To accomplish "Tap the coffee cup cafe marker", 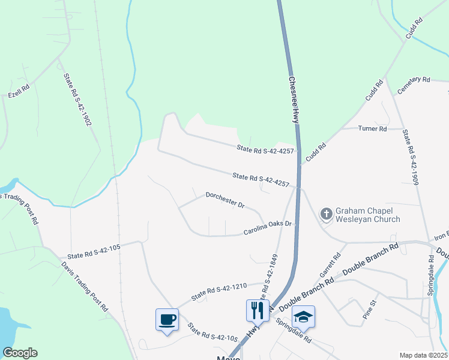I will (x=166, y=319).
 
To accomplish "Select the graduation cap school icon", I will (x=304, y=316).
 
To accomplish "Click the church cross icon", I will (x=326, y=214).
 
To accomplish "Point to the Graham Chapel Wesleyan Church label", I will (x=367, y=215).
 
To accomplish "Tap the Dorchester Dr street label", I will (x=225, y=200).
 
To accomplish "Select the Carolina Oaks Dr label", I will (x=267, y=227).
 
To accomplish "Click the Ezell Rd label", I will (x=19, y=91).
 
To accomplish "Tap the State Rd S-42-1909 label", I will (x=411, y=157).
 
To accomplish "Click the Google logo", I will (x=20, y=353).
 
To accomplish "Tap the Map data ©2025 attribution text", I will (x=423, y=355).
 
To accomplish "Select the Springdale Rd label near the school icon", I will (x=294, y=330).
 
